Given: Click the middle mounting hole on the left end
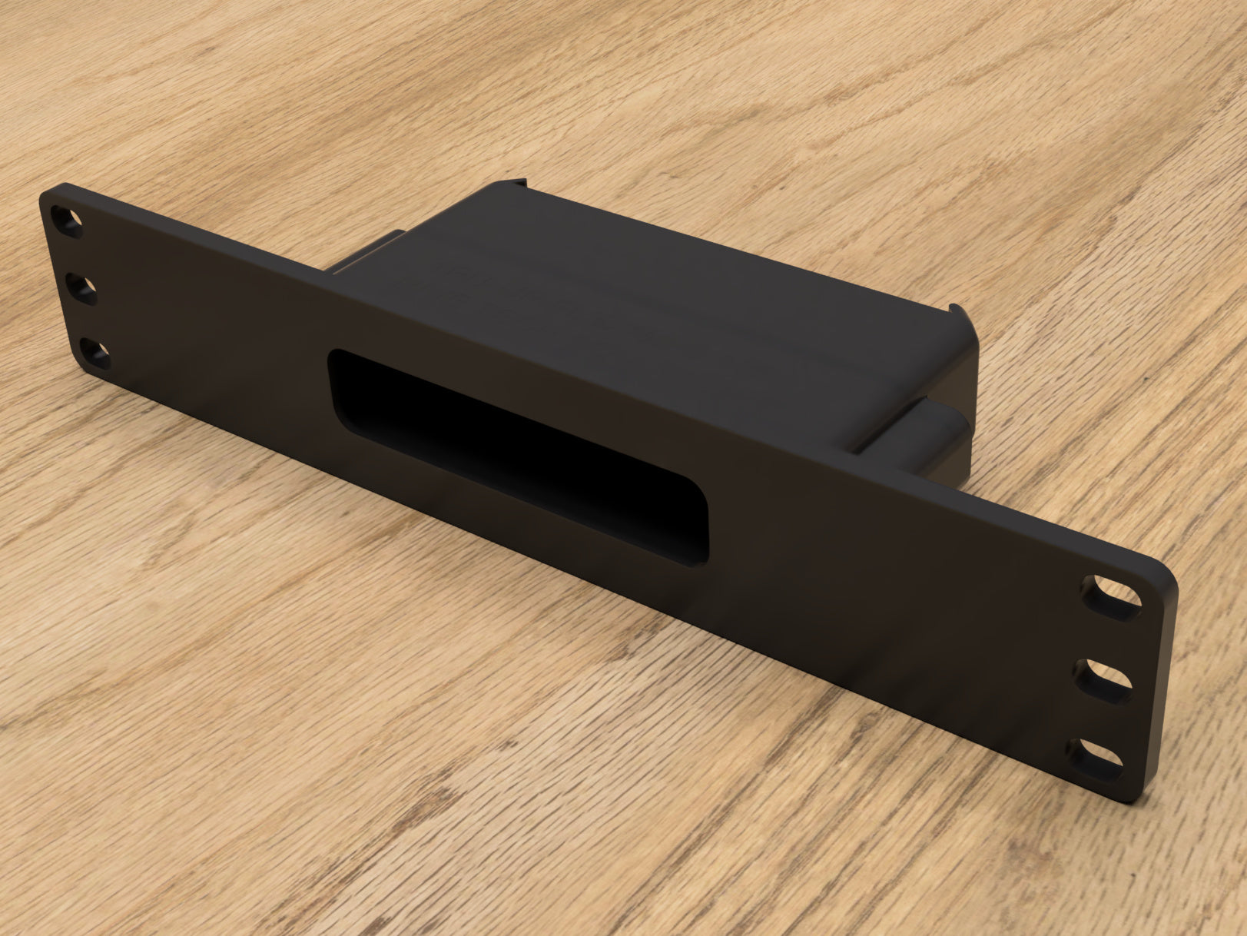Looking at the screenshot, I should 82,290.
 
